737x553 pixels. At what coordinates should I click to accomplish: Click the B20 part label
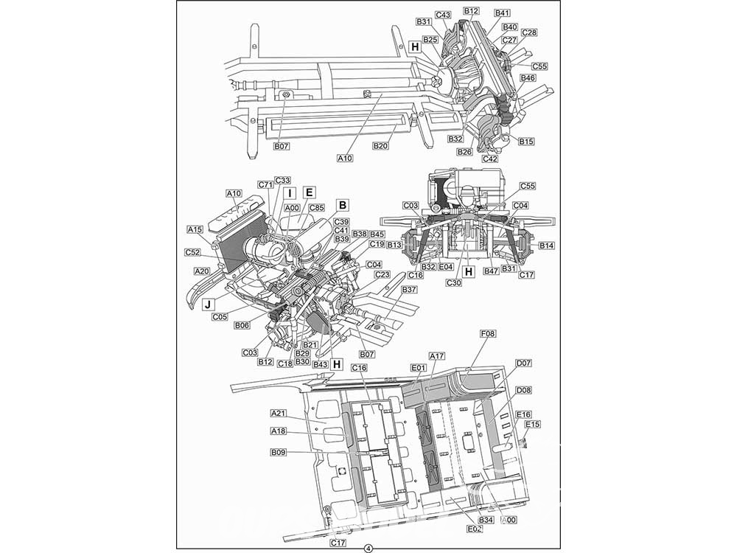coord(381,146)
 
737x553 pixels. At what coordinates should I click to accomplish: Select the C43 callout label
coord(443,15)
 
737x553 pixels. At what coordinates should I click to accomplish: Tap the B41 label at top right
coord(503,13)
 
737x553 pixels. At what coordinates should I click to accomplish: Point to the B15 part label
coord(526,141)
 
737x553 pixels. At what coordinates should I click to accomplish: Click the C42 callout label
coord(490,159)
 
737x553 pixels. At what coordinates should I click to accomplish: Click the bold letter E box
coord(309,192)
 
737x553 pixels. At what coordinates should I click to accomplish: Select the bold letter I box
coord(290,192)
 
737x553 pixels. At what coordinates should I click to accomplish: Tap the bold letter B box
coord(343,205)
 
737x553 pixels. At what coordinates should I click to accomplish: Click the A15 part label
coord(195,229)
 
